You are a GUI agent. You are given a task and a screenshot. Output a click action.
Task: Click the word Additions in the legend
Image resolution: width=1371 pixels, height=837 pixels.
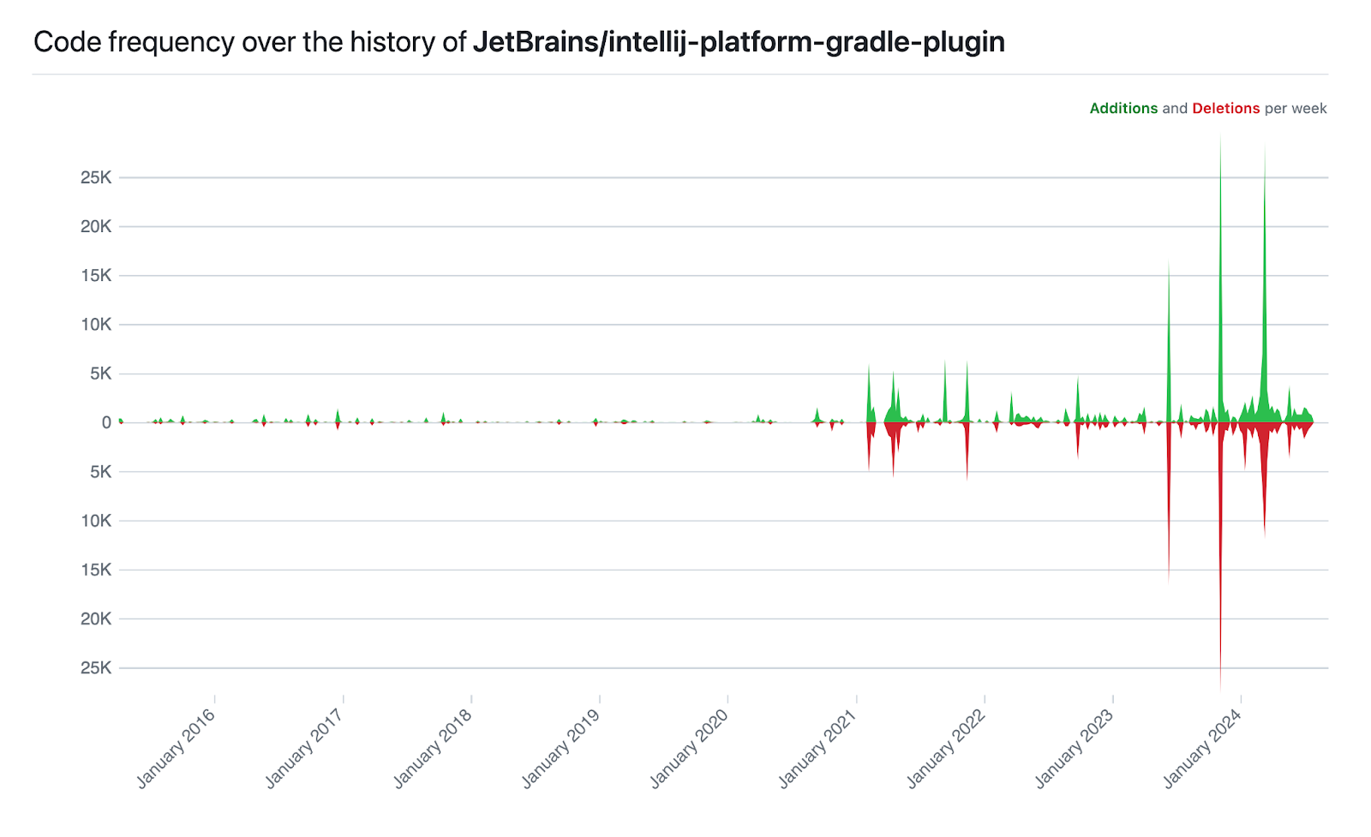1123,109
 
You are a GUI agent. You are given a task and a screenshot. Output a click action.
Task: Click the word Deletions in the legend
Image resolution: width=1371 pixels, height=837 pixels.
1225,109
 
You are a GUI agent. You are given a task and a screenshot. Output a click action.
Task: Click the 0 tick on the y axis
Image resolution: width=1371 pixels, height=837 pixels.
106,422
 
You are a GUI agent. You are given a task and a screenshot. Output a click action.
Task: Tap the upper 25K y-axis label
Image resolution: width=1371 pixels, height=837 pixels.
96,178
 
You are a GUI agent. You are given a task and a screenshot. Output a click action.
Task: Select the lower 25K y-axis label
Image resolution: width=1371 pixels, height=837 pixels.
96,667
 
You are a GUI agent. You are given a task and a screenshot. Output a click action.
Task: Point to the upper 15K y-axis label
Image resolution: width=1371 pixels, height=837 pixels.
96,276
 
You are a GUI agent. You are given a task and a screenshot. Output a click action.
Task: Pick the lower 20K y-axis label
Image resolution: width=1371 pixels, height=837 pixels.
96,619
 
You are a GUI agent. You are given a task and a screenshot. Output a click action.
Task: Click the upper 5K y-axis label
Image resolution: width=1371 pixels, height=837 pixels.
100,374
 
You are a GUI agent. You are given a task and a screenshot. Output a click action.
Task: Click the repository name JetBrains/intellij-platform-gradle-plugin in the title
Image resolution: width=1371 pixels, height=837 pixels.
739,42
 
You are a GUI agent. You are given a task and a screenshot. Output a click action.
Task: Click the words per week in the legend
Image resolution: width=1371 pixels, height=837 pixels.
1296,109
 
